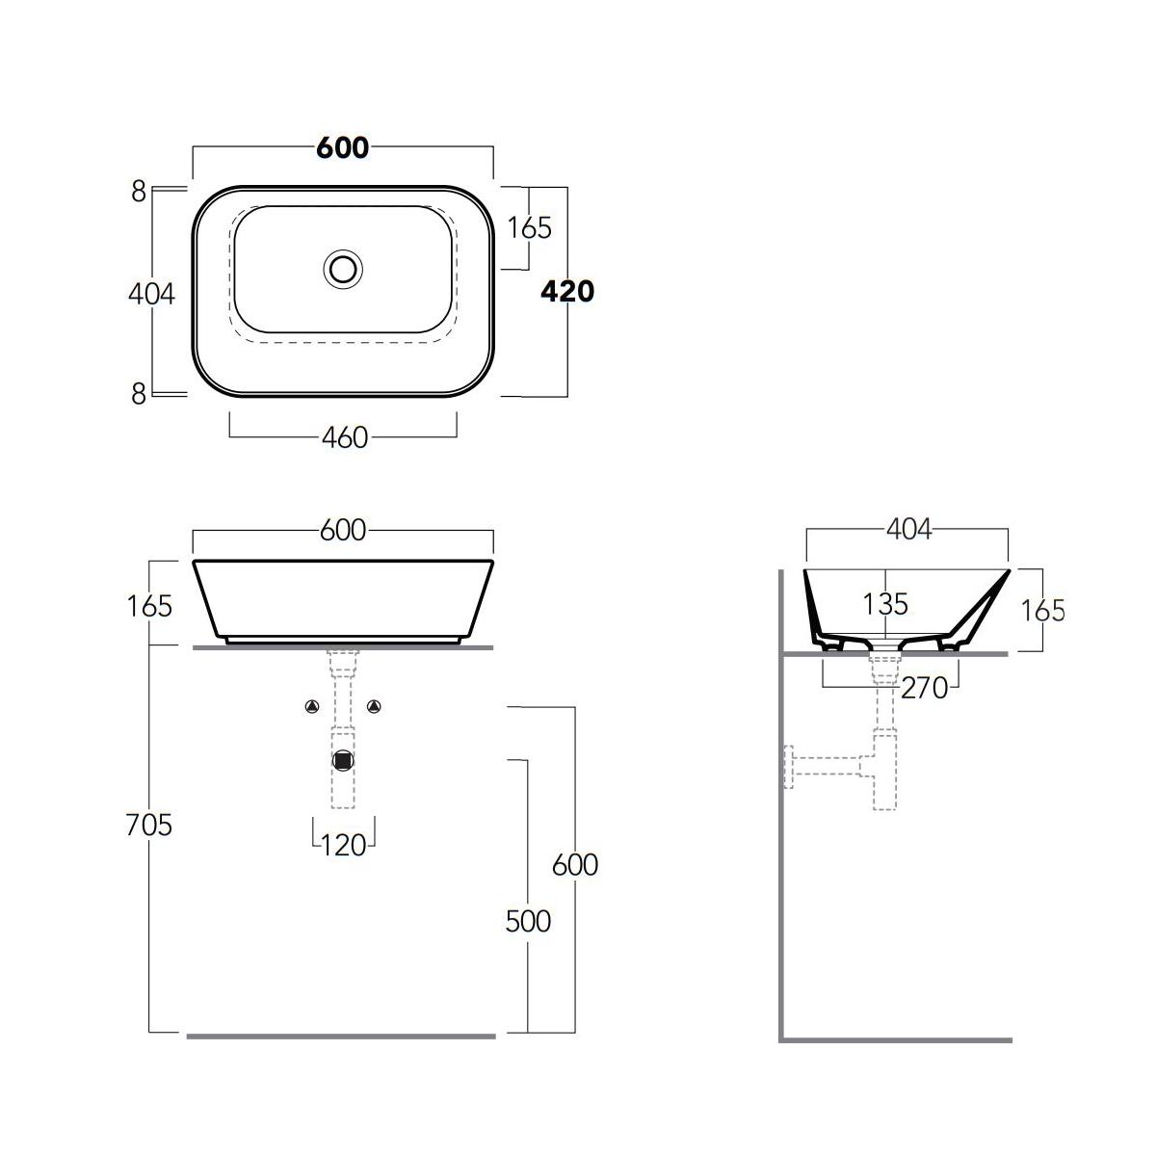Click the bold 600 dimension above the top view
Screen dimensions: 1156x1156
343,147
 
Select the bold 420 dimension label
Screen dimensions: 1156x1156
567,291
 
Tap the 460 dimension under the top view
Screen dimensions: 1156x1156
345,438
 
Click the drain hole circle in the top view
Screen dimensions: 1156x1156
343,270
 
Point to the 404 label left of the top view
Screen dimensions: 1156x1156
152,294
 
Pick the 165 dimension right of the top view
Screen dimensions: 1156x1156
529,228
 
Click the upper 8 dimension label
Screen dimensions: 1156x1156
139,192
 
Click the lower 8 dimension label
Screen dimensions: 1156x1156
139,394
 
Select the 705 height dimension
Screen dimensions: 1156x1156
148,825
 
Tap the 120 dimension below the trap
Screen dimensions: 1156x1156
344,846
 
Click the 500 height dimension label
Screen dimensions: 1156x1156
528,922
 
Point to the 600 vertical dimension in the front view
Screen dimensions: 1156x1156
575,865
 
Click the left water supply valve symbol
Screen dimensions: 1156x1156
312,707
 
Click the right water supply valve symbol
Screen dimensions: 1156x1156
374,707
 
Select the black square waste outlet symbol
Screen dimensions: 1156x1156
343,761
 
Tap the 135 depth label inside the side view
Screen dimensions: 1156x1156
885,604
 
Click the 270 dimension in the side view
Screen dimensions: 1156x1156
925,688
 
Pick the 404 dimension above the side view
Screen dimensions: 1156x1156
909,530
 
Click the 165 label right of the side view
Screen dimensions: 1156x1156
1043,611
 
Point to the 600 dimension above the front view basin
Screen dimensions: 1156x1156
343,530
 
